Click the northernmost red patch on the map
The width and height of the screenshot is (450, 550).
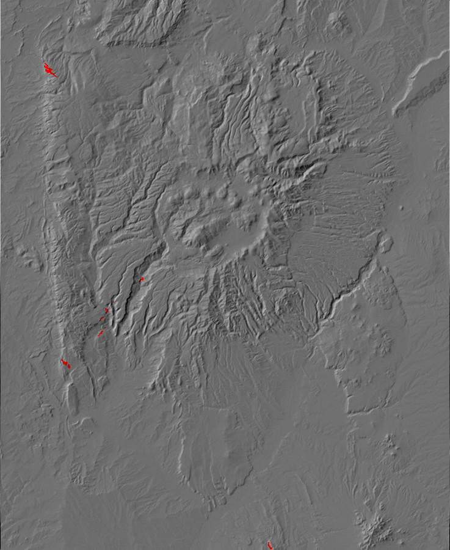tap(49, 70)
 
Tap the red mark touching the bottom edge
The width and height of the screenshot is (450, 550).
tap(269, 545)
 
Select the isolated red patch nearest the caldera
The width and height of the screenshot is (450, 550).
tap(142, 279)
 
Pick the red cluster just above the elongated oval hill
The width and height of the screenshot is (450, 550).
tap(65, 364)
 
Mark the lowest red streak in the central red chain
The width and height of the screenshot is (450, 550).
tap(100, 334)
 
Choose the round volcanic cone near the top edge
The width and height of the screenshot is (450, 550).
tap(335, 21)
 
